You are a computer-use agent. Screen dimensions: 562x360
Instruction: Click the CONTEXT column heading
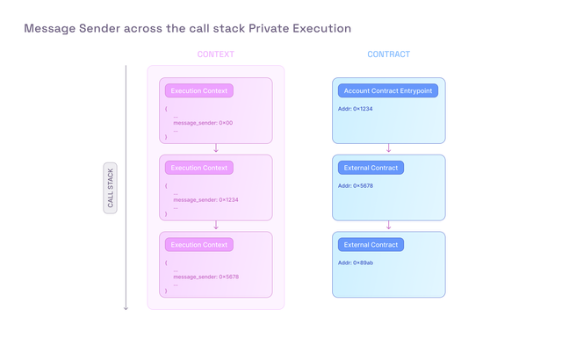(215, 54)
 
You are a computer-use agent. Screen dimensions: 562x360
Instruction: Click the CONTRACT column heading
(388, 54)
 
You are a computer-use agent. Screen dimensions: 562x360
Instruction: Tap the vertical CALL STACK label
(110, 188)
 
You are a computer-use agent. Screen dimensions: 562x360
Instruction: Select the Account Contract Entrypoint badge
(388, 90)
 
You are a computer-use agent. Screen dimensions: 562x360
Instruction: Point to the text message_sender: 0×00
(203, 123)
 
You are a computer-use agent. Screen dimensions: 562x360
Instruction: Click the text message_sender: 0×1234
(205, 200)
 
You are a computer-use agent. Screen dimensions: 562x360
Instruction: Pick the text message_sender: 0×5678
(206, 277)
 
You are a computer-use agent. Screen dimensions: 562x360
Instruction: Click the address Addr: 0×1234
(355, 109)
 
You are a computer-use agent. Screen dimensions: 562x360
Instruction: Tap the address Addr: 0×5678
(356, 185)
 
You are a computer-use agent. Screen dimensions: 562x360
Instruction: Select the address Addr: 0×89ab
(356, 263)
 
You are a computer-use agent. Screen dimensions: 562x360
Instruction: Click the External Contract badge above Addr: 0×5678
(371, 168)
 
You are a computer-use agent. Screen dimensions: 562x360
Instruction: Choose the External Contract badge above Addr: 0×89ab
(371, 245)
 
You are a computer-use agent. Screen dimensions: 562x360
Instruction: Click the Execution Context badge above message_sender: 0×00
(199, 90)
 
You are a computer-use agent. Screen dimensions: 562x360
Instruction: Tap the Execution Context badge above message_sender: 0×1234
(199, 168)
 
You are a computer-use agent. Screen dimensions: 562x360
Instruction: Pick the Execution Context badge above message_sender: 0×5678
(199, 245)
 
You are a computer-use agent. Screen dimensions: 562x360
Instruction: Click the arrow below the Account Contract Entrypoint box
(388, 148)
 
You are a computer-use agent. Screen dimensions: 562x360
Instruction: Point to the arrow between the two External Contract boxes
(388, 225)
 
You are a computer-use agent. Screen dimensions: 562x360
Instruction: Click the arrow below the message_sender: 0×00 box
(216, 148)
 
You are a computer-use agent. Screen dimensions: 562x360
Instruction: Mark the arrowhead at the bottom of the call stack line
(126, 308)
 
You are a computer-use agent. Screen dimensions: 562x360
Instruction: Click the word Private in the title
(269, 28)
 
